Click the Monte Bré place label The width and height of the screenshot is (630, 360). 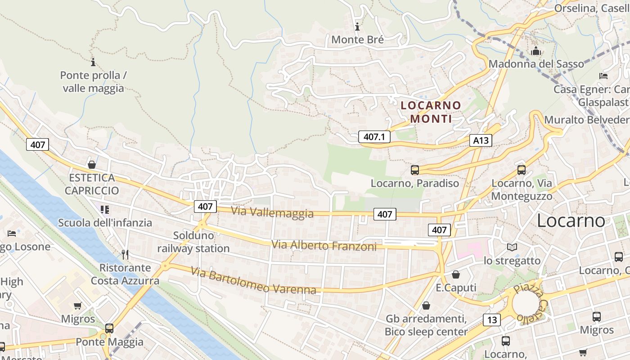click(357, 40)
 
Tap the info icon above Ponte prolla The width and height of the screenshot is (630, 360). click(93, 62)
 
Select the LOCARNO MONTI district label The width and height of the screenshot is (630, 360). click(431, 112)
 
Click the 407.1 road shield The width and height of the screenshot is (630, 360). click(374, 137)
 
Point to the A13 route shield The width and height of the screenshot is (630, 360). click(480, 140)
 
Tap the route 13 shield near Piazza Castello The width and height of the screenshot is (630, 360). click(492, 320)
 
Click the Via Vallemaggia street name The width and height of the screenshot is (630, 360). click(272, 212)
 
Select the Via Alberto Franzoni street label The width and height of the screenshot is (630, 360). click(324, 246)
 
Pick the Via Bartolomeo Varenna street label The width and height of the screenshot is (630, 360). click(253, 280)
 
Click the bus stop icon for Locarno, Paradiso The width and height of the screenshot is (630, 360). click(415, 170)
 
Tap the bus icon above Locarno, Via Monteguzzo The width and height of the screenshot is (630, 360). click(521, 170)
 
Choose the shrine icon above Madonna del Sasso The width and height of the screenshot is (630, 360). click(535, 51)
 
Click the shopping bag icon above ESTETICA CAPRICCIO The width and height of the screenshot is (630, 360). click(92, 165)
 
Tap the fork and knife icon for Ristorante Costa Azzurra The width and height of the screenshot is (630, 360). click(125, 255)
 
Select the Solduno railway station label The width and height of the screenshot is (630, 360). click(193, 242)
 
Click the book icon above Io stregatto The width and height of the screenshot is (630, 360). click(512, 247)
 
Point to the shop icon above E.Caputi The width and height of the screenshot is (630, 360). click(456, 274)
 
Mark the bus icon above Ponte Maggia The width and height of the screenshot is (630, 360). click(109, 328)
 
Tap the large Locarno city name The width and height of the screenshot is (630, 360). click(571, 220)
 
